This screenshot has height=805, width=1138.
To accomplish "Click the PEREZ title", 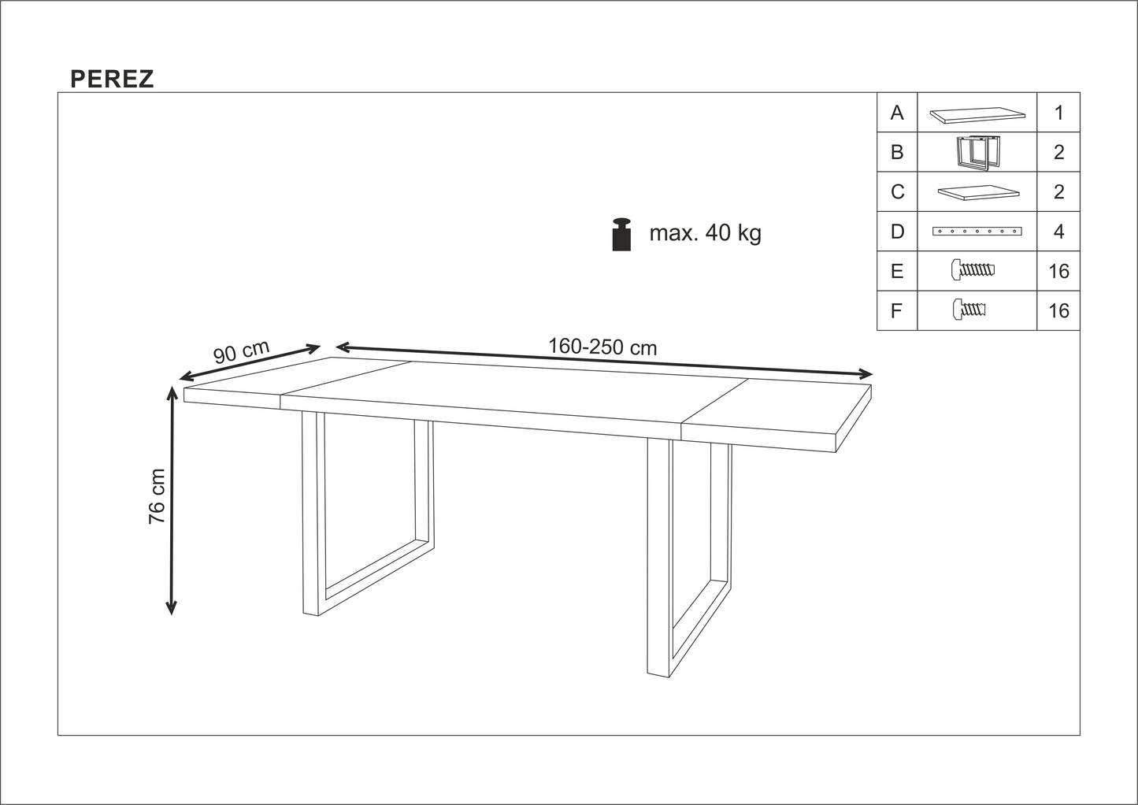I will click(x=112, y=79).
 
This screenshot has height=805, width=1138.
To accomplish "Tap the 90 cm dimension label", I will click(x=241, y=351).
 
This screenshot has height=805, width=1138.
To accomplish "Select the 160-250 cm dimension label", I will click(x=602, y=347).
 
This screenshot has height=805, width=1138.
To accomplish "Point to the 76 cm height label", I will click(x=158, y=496).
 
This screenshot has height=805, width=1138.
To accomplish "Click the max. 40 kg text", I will click(x=705, y=233).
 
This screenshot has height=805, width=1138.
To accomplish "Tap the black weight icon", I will click(x=622, y=234).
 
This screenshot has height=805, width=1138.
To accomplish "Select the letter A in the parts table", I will click(x=897, y=113).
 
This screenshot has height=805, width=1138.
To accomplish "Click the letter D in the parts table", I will click(x=897, y=232).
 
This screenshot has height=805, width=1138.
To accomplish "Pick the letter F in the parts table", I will click(x=896, y=311).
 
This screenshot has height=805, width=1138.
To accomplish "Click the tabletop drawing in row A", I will click(x=977, y=116).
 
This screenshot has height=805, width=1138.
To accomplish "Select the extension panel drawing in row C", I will click(x=977, y=192).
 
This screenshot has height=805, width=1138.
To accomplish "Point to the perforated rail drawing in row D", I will click(x=977, y=232).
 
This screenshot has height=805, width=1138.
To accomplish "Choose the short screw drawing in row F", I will click(x=969, y=310).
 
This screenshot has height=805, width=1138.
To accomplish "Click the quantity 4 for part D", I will click(x=1058, y=232).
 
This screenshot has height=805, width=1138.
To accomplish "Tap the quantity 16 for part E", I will click(x=1058, y=272).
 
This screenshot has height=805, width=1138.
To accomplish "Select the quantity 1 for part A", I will click(x=1058, y=113).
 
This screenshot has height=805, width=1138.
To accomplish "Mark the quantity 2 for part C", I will click(x=1058, y=192).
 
